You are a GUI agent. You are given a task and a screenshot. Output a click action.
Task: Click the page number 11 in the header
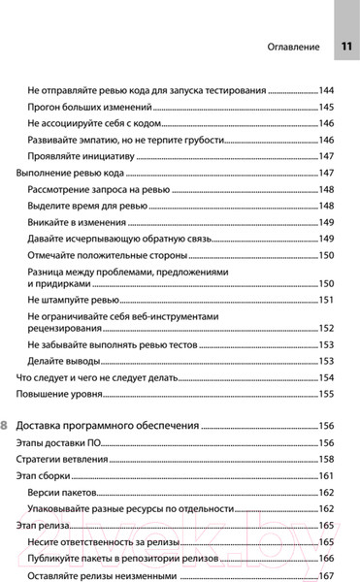345,48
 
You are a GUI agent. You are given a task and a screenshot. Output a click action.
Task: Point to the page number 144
326,90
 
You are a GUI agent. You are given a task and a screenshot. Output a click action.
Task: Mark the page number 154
326,377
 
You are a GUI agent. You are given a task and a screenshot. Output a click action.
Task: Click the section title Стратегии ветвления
62,459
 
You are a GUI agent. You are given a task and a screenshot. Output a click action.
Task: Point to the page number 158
326,459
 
